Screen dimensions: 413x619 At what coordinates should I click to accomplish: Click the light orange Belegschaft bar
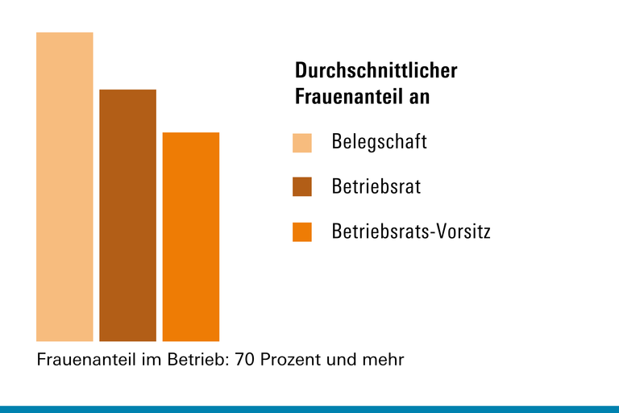click(64, 186)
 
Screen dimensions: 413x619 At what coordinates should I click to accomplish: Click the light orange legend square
click(301, 143)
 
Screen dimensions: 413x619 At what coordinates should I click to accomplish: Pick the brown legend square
click(301, 187)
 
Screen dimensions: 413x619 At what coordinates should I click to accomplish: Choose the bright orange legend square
click(301, 232)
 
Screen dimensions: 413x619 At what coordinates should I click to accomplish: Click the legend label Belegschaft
click(379, 142)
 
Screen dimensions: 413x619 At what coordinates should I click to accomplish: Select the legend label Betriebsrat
click(376, 187)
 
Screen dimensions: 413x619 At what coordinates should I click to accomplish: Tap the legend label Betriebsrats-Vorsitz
click(411, 232)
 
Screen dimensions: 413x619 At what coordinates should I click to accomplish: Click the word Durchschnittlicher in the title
click(376, 71)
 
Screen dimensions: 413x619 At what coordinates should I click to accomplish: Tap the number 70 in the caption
click(245, 359)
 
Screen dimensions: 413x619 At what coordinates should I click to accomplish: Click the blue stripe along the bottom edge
click(309, 409)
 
